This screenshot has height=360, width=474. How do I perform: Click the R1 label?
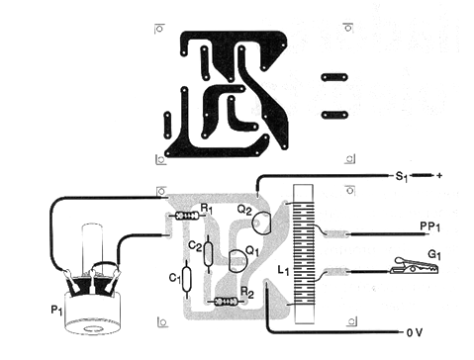click(x=205, y=209)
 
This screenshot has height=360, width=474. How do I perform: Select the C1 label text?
click(x=174, y=278)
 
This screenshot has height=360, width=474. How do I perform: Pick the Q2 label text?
click(x=243, y=210)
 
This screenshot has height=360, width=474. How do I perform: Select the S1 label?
click(x=401, y=177)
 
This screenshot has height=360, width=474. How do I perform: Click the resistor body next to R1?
click(x=182, y=215)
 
